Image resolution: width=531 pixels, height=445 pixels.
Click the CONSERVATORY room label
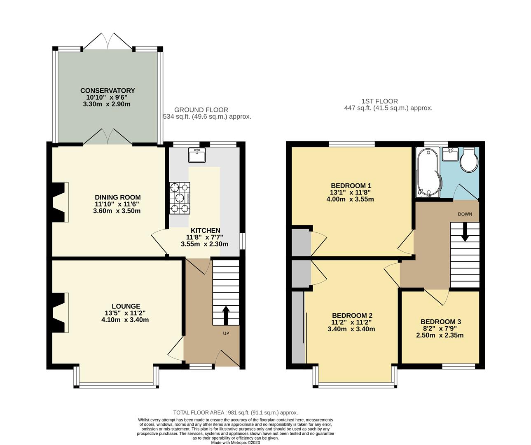pos(108,91)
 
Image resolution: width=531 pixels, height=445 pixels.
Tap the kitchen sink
pos(197,155)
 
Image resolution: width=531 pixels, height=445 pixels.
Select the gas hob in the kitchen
pos(180,198)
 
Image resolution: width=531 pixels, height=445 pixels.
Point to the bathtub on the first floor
pos(429,173)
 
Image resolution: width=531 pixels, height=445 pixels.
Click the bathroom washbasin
pos(450,154)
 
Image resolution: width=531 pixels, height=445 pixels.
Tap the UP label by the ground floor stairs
pos(226,333)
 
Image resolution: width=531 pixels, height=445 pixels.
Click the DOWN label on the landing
pos(465,214)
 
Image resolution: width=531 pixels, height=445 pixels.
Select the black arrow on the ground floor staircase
pos(226,316)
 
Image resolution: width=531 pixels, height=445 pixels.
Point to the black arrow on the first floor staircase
pos(465,232)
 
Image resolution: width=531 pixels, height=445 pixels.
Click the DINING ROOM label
pos(117,197)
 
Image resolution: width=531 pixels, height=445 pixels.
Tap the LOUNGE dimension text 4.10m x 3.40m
pos(125,320)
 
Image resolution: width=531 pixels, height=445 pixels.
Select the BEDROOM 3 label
pos(441,322)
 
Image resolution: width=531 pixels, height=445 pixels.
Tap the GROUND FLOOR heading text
pos(201,110)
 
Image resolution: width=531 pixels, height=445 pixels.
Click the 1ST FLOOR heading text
pos(380,101)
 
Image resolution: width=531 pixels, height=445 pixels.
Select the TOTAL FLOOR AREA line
pos(235,413)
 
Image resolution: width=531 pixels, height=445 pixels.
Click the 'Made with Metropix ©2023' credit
pos(236,443)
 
